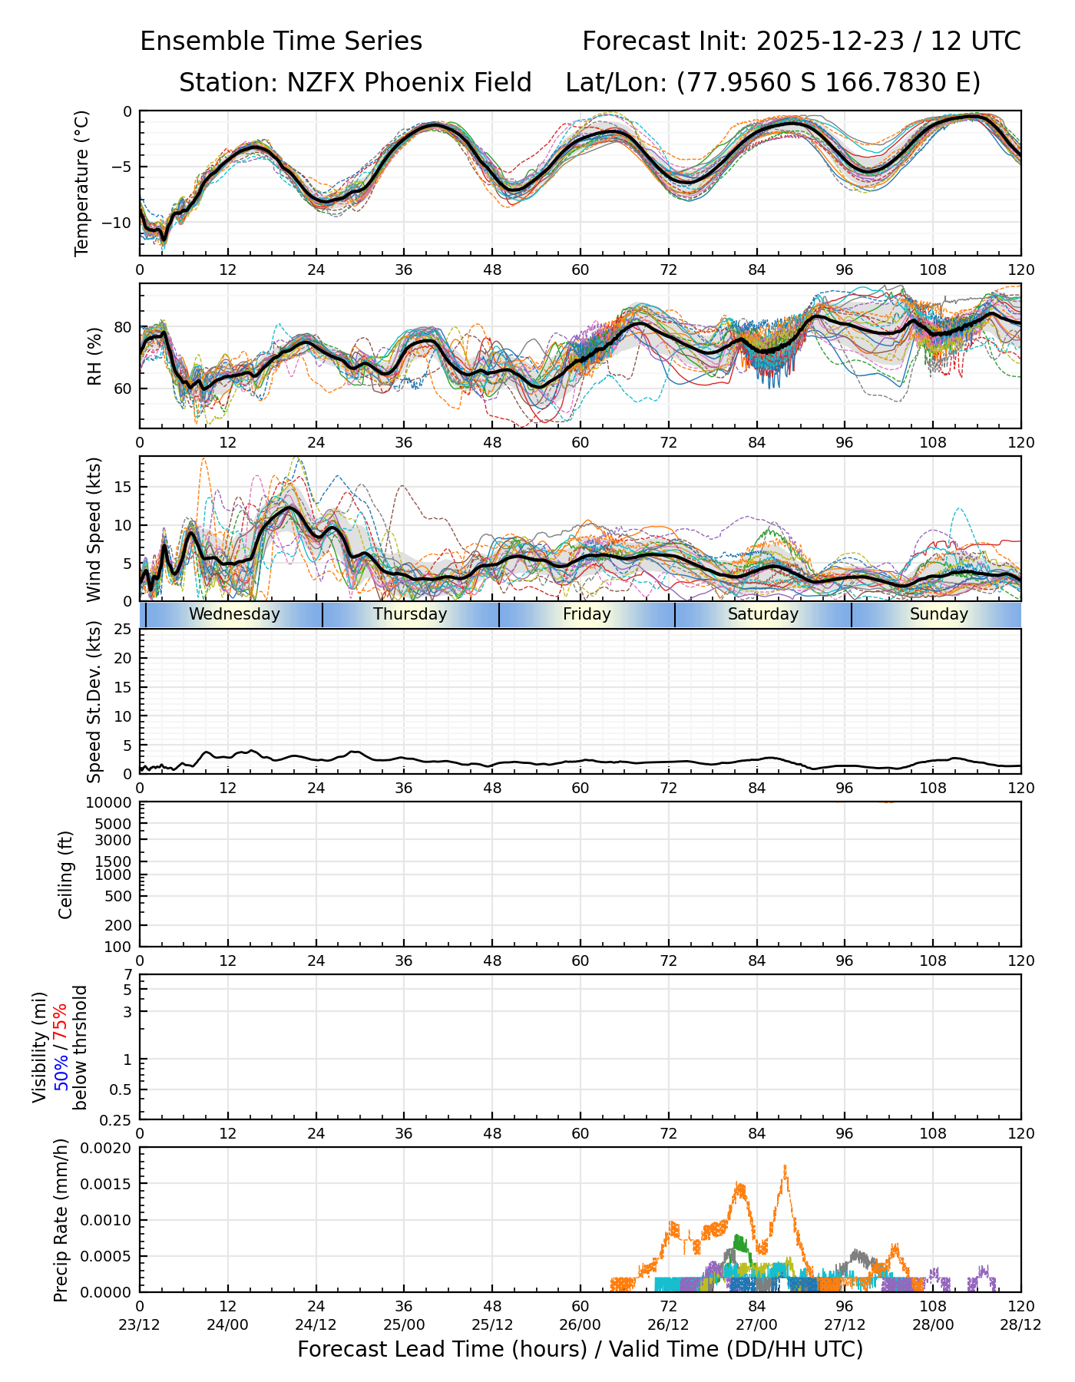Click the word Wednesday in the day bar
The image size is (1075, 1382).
234,614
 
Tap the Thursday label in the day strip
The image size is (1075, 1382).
410,614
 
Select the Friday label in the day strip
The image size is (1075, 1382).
587,614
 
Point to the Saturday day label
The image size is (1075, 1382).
763,614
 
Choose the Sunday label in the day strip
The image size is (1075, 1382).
939,614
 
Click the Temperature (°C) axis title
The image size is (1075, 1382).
82,183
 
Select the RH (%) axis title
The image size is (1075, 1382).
94,356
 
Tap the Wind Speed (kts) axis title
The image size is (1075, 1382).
94,529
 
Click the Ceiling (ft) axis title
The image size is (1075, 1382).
66,874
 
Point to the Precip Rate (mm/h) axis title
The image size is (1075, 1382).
61,1220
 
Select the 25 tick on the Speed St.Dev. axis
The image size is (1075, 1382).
124,630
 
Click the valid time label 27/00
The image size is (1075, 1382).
756,1324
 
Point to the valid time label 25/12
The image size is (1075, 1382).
492,1324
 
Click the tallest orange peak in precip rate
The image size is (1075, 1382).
785,1166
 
